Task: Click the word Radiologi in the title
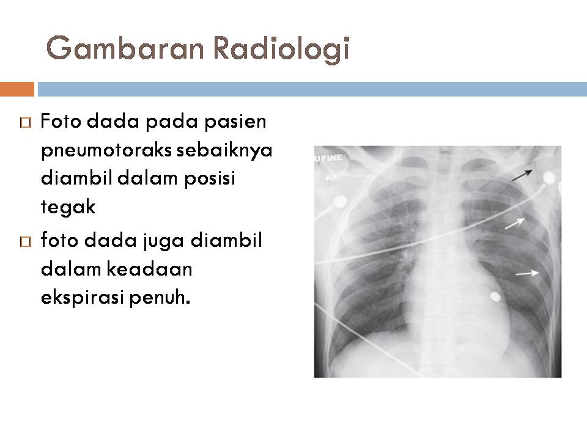pyautogui.click(x=280, y=48)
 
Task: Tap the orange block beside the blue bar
pyautogui.click(x=17, y=89)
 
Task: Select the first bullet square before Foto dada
pyautogui.click(x=24, y=123)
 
